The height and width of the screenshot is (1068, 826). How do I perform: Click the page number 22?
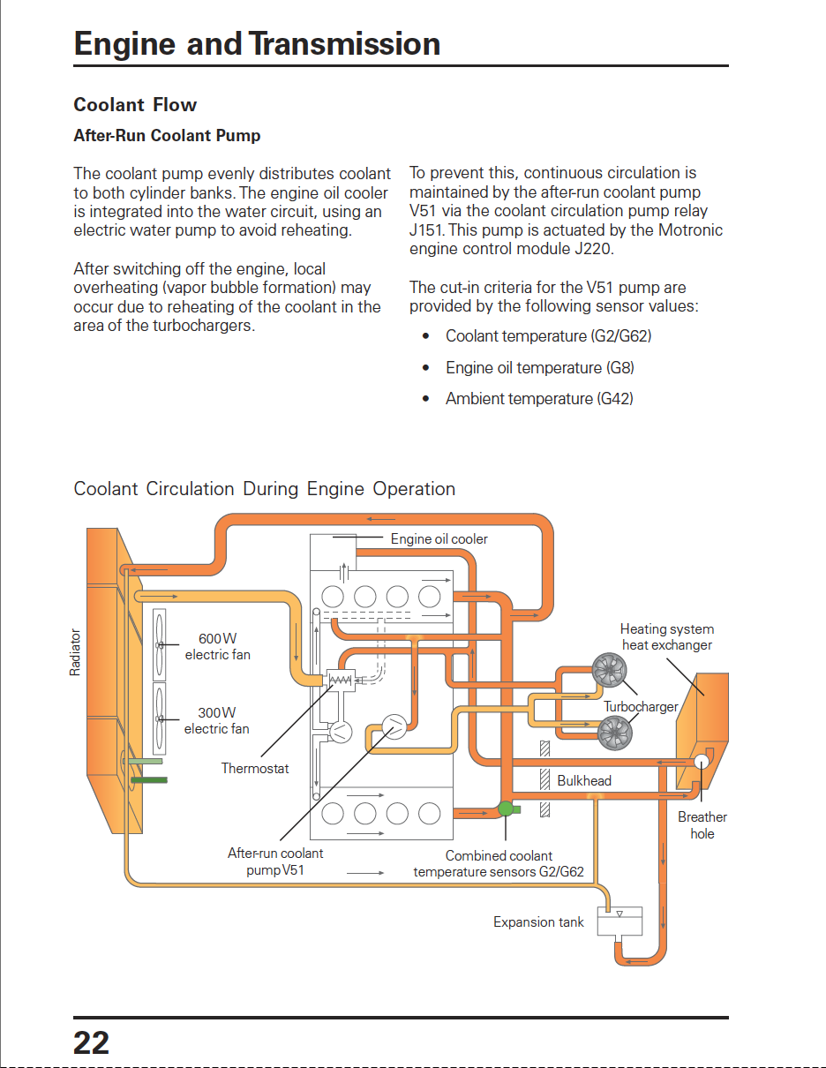coord(91,1042)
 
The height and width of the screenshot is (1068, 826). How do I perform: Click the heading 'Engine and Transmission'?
coord(257,44)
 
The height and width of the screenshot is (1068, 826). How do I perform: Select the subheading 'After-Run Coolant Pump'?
coord(167,135)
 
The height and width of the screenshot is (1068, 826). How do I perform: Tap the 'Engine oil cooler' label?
coord(439,538)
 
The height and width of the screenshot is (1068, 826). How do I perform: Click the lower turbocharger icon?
coord(615,733)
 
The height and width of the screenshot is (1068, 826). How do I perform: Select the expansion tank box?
coord(619,921)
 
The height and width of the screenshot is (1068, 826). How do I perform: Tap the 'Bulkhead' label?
coord(584,780)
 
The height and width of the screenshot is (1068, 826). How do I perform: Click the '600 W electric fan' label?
coord(218,646)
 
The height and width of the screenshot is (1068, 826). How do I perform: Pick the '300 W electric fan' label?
coord(217,720)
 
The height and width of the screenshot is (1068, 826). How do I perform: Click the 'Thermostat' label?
coord(254,768)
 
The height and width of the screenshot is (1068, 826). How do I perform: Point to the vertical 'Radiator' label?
coord(75,652)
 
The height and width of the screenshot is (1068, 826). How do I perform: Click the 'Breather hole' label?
coord(702,825)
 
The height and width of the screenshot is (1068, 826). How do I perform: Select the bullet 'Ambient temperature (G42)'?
coord(539,399)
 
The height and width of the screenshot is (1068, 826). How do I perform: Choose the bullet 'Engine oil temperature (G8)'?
coord(539,368)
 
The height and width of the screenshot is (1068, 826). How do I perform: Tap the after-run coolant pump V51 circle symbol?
coord(394,727)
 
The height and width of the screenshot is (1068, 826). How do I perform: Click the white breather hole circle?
coord(702,762)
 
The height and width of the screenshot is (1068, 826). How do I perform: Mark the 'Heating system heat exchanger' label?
coord(667,637)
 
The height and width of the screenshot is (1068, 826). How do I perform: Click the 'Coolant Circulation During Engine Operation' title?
coord(265,489)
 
